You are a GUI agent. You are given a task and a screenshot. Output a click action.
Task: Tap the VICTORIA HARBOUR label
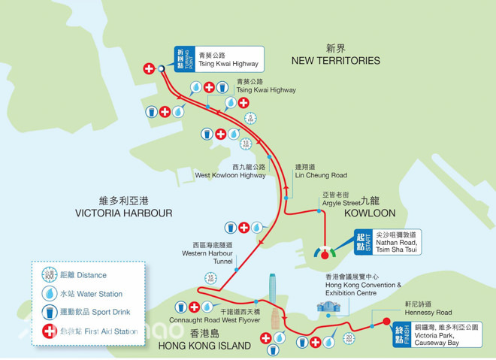point(125,213)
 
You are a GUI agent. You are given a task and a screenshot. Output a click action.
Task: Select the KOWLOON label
point(369,213)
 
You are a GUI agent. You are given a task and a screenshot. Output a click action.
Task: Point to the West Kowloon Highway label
point(230,175)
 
